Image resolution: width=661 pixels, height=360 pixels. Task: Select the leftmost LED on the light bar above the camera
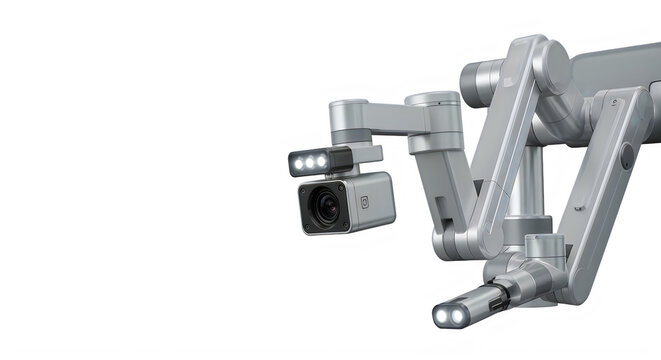click(x=298, y=163)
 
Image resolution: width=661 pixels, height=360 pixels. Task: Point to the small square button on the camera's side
click(x=364, y=201)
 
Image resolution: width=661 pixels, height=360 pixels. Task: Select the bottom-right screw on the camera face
click(x=345, y=226)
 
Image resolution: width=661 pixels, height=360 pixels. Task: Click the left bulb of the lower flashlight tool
click(x=441, y=316)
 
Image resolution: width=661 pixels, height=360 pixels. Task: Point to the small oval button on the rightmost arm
click(x=627, y=156)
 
